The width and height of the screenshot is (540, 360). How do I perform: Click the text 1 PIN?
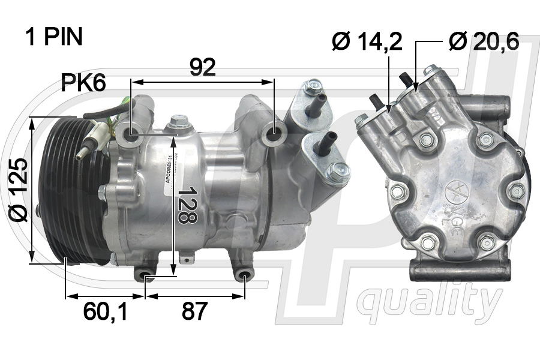[53, 37]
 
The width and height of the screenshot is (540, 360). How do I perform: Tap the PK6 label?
[83, 83]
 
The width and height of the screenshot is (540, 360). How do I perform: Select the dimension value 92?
[202, 67]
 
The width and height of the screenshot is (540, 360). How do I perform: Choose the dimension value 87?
[194, 311]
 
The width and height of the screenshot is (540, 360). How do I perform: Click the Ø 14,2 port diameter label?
[367, 41]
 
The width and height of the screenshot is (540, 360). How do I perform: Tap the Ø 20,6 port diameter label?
[484, 41]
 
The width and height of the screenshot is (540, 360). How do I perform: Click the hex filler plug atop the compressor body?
[176, 123]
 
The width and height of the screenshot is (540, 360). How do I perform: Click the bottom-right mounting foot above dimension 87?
[244, 276]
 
